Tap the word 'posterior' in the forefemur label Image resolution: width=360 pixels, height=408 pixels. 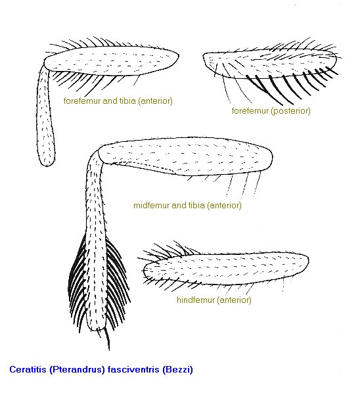pyautogui.click(x=290, y=111)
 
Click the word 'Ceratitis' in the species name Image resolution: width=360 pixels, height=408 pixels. pyautogui.click(x=28, y=369)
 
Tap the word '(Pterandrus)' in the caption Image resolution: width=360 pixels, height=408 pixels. pyautogui.click(x=77, y=369)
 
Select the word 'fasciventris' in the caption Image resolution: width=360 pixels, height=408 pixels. pyautogui.click(x=133, y=369)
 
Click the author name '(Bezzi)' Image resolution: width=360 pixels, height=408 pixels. pyautogui.click(x=177, y=369)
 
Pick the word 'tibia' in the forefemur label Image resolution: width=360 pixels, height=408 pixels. pyautogui.click(x=127, y=101)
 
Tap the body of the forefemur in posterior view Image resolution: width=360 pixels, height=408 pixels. pyautogui.click(x=269, y=63)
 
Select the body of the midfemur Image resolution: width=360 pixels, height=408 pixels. pyautogui.click(x=185, y=156)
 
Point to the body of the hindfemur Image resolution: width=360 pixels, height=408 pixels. pyautogui.click(x=226, y=268)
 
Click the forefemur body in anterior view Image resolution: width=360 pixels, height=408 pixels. pyautogui.click(x=111, y=61)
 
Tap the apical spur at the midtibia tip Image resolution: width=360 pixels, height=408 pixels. pyautogui.click(x=107, y=339)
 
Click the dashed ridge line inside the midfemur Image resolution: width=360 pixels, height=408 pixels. pyautogui.click(x=143, y=166)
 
